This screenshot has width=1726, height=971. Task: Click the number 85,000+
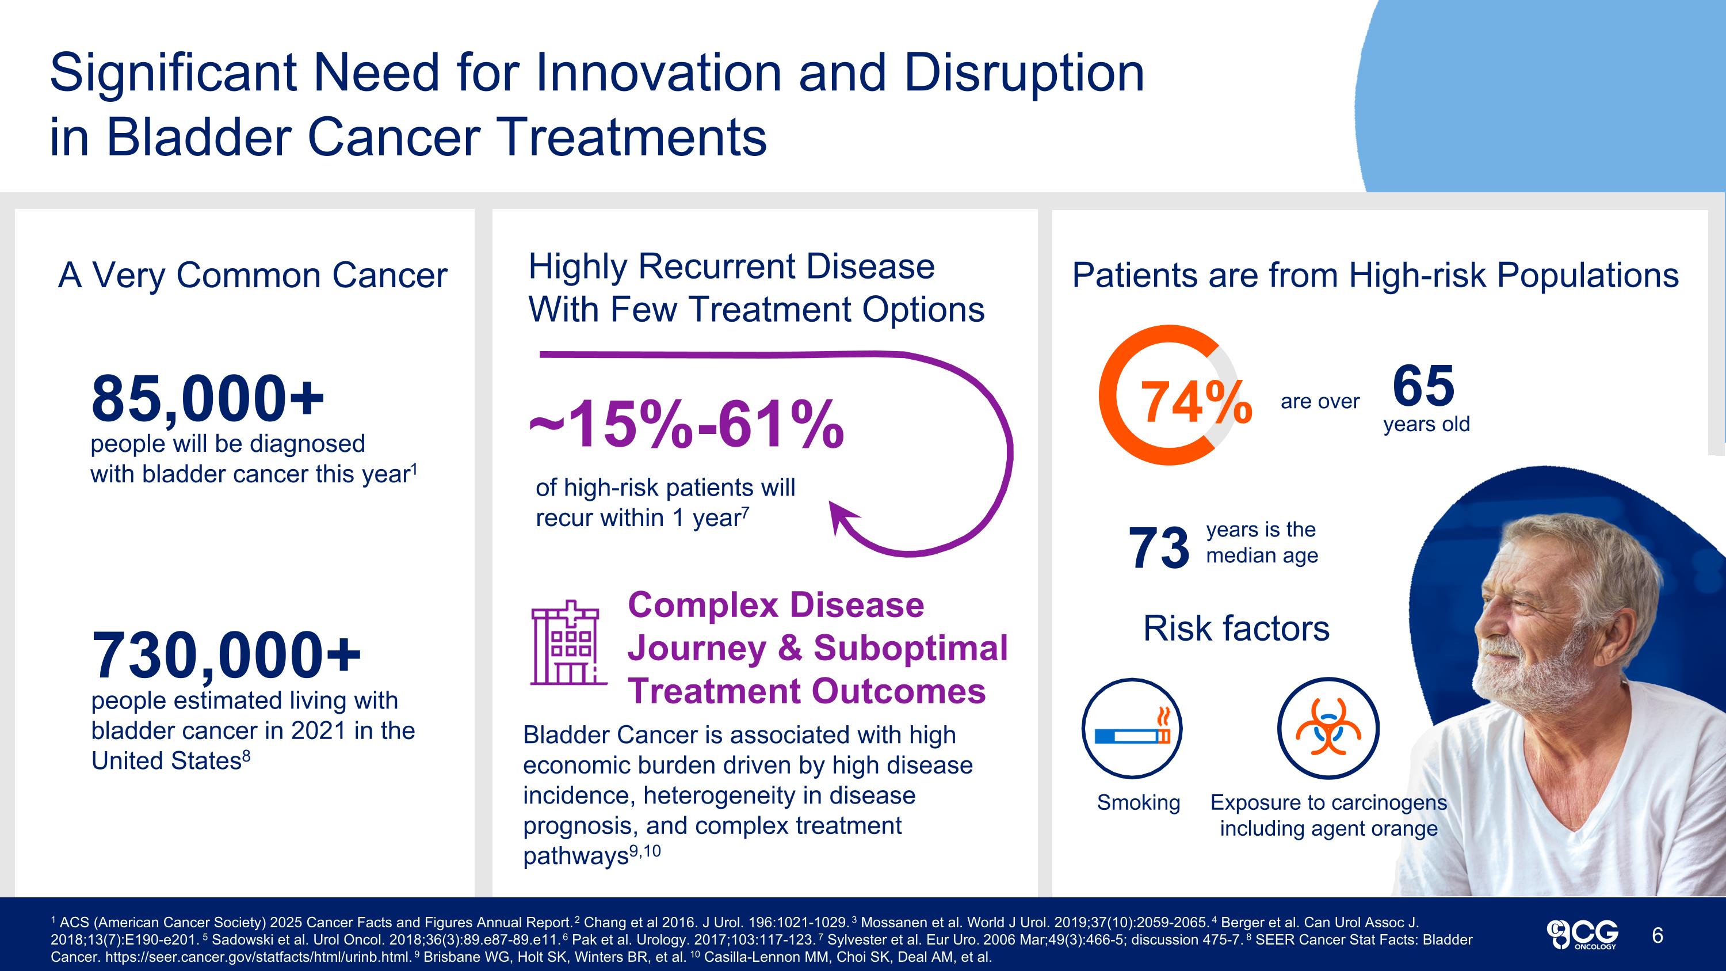click(208, 399)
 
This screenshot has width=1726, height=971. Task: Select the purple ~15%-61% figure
click(686, 425)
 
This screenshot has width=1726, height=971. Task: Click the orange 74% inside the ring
click(1196, 402)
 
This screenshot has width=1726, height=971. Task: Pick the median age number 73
click(1159, 547)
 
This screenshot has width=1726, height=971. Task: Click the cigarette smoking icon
click(1132, 729)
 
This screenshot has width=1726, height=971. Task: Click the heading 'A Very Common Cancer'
click(253, 276)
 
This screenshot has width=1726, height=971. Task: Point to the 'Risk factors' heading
click(1236, 629)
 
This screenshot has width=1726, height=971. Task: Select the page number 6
click(1657, 935)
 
